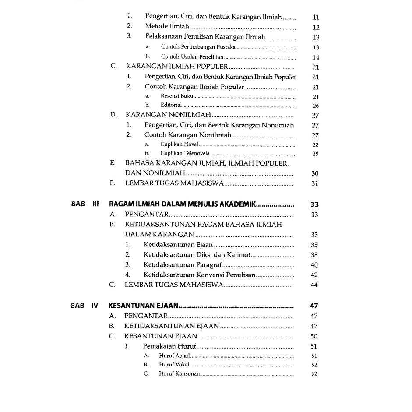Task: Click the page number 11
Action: click(316, 18)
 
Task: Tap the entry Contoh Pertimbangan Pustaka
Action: click(198, 47)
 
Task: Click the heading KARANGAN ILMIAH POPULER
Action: click(177, 67)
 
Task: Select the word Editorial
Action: click(171, 106)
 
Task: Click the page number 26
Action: click(316, 106)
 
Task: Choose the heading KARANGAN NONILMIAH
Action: click(169, 115)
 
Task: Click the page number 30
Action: click(315, 174)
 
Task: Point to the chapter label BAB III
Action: click(85, 204)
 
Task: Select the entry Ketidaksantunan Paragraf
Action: click(183, 265)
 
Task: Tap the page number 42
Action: click(314, 275)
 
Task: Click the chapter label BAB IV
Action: click(84, 306)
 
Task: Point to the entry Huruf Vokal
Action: click(174, 365)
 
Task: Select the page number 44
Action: click(314, 285)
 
